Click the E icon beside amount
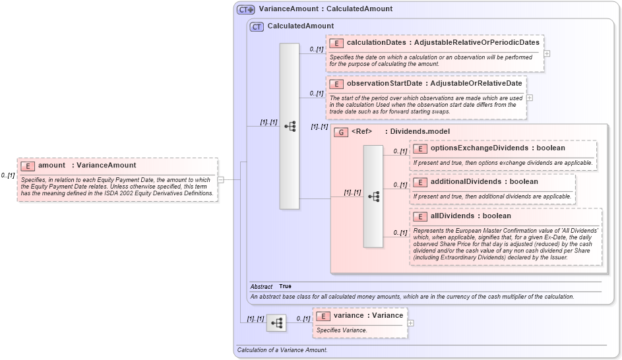[x=28, y=165]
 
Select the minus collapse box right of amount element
[x=220, y=179]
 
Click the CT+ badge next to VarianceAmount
[x=246, y=9]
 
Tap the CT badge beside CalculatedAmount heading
[x=257, y=26]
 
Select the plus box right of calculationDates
[x=547, y=53]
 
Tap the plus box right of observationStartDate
[x=530, y=98]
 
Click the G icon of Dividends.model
[x=341, y=132]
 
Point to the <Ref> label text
[x=361, y=132]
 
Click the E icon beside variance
[x=323, y=316]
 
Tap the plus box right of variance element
[x=410, y=323]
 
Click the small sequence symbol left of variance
[x=276, y=323]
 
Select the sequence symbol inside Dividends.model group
[x=373, y=196]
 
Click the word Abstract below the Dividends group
[x=261, y=287]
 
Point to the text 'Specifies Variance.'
[x=342, y=330]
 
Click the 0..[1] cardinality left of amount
[x=8, y=175]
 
